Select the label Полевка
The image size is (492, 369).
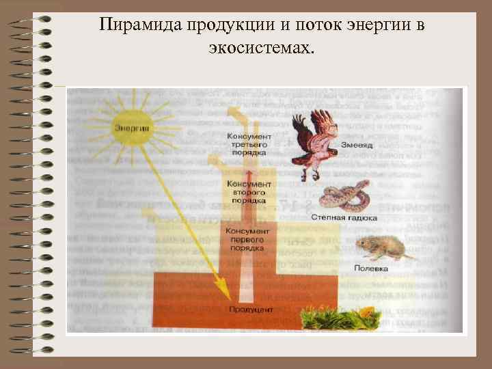point(370,269)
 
